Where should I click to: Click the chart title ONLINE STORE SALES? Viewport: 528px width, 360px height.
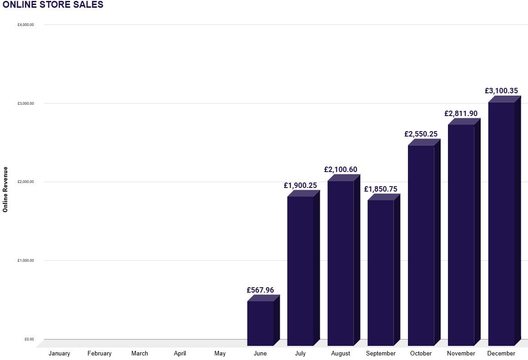pos(53,5)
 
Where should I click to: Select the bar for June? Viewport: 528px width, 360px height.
pos(260,323)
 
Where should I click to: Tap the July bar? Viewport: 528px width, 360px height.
pos(300,271)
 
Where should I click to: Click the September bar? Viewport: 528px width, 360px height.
pos(381,273)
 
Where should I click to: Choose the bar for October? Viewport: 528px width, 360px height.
pos(421,245)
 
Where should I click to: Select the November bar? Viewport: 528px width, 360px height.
pos(461,235)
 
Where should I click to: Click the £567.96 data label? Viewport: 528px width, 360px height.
pos(260,290)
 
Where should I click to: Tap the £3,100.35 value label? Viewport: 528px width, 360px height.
pos(501,91)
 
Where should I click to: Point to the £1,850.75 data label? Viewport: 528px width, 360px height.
pos(381,189)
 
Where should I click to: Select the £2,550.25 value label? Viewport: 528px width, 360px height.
pos(421,134)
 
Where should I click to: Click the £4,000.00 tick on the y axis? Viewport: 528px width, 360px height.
pos(26,25)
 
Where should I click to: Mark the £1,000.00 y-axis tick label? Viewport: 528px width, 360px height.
pos(26,260)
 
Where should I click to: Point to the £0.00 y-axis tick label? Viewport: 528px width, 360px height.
pos(29,339)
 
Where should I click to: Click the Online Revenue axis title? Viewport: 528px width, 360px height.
pos(5,189)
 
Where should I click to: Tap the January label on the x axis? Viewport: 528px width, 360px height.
pos(59,354)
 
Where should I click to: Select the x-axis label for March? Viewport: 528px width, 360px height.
pos(140,354)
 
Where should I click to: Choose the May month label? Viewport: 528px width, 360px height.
pos(220,354)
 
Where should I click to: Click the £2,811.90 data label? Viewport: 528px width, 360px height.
pos(461,113)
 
